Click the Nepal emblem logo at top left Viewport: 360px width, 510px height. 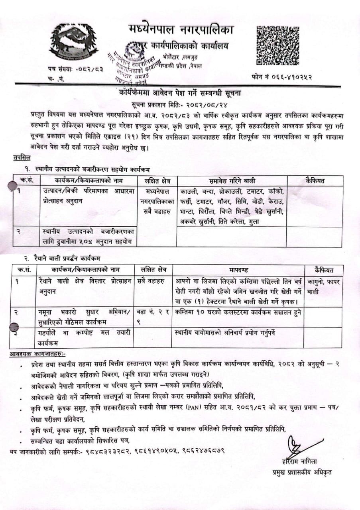pyautogui.click(x=74, y=41)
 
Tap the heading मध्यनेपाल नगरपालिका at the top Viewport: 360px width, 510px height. pyautogui.click(x=181, y=29)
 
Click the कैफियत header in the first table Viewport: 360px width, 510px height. pyautogui.click(x=314, y=180)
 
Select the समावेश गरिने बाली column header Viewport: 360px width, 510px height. pyautogui.click(x=232, y=181)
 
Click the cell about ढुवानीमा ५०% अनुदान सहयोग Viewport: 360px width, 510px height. pyautogui.click(x=89, y=237)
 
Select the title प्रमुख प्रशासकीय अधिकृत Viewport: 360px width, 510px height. pyautogui.click(x=299, y=472)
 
